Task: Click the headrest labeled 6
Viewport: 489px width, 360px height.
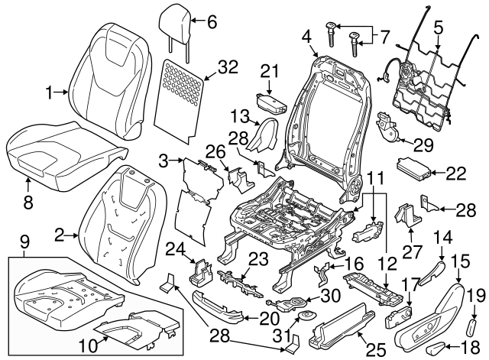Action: pos(175,26)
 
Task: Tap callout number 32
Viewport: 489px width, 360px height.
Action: pos(228,66)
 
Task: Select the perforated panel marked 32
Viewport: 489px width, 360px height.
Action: pos(180,100)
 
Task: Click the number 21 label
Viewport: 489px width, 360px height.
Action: pos(269,72)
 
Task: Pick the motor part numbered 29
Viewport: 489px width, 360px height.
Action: pos(388,129)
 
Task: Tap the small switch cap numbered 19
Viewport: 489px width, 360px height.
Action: pos(472,326)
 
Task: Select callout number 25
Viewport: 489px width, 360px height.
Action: pos(375,350)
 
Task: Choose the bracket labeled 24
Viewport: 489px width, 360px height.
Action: pos(201,271)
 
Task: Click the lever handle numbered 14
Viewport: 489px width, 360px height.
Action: pos(431,274)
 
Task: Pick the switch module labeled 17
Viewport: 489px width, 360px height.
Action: pos(399,317)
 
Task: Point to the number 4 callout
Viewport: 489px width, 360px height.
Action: pos(307,37)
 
